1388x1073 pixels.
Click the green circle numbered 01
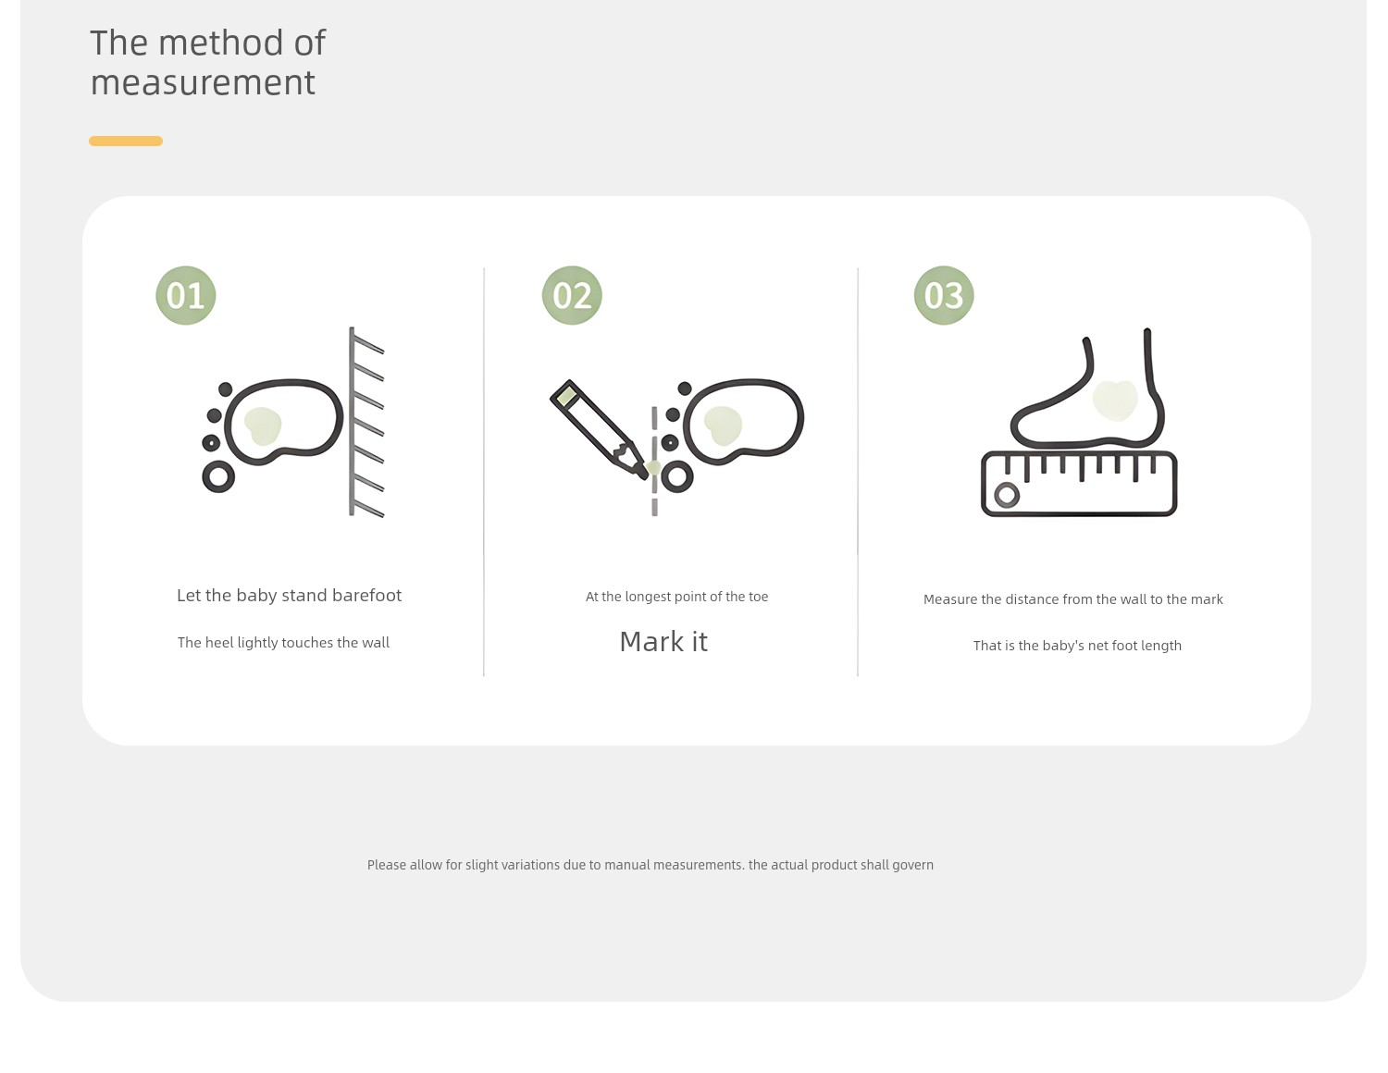(x=185, y=295)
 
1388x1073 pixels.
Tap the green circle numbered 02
(x=572, y=295)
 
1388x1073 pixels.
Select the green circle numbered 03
(x=944, y=295)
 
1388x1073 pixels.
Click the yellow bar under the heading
(x=126, y=142)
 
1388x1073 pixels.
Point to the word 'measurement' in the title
(x=204, y=83)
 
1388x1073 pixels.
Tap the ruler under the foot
(x=1079, y=483)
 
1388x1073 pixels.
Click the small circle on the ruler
(x=1007, y=495)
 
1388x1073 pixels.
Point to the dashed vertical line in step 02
(x=654, y=461)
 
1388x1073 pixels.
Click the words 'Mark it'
(x=663, y=642)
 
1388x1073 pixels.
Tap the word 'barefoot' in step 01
(x=366, y=595)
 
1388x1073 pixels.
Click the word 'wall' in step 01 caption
(x=376, y=642)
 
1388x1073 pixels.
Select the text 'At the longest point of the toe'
(x=677, y=597)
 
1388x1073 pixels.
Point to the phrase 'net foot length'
(x=1134, y=646)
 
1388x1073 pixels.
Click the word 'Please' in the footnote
(x=387, y=865)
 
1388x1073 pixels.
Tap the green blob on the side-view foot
(x=1115, y=401)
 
